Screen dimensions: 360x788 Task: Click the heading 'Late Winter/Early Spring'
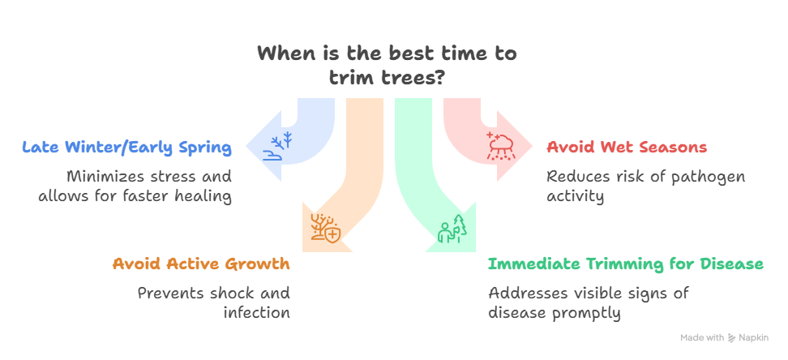pos(127,148)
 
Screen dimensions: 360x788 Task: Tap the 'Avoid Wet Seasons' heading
pos(627,148)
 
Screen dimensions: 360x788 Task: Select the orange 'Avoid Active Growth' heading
pos(201,264)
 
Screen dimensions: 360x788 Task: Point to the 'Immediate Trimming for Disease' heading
pos(625,264)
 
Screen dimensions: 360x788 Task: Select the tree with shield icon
pos(324,228)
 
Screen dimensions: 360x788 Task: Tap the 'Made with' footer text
pos(702,338)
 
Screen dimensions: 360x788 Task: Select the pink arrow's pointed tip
pos(533,147)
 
